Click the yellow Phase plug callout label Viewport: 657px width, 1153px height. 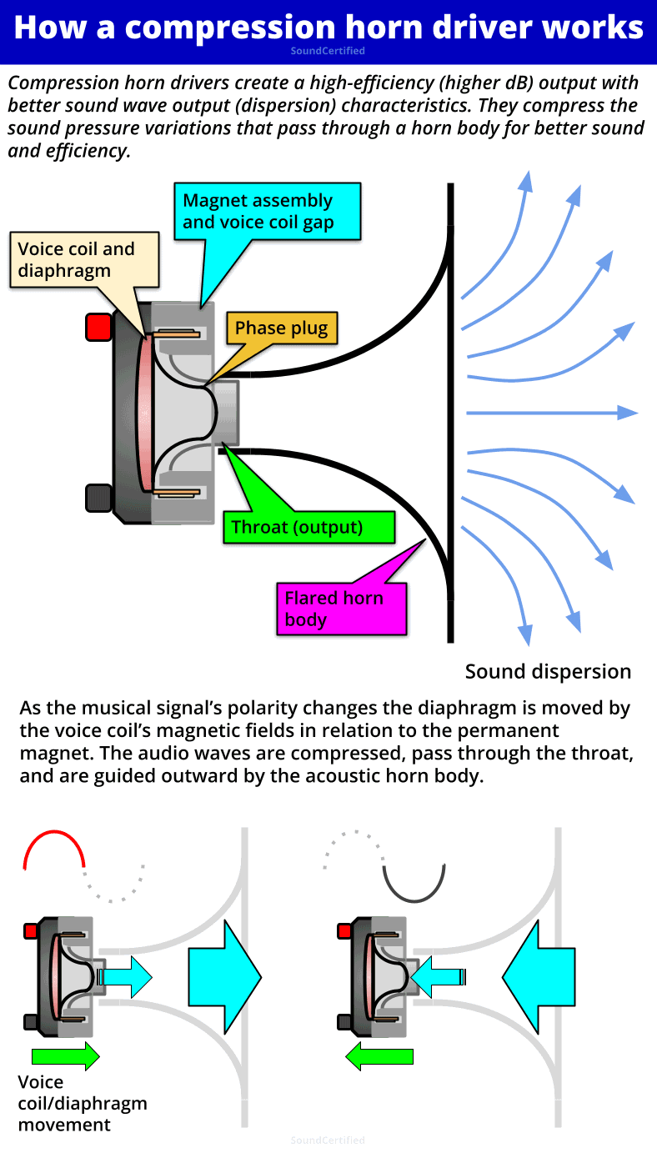coord(282,328)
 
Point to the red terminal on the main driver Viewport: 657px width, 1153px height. coord(98,327)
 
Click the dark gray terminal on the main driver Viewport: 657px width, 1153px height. coord(98,498)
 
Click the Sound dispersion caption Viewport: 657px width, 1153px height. coord(548,672)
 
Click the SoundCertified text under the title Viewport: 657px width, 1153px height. coord(328,51)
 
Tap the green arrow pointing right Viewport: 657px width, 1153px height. coord(65,1056)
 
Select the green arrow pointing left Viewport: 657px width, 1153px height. coord(380,1056)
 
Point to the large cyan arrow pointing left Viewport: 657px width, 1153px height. coord(540,973)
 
